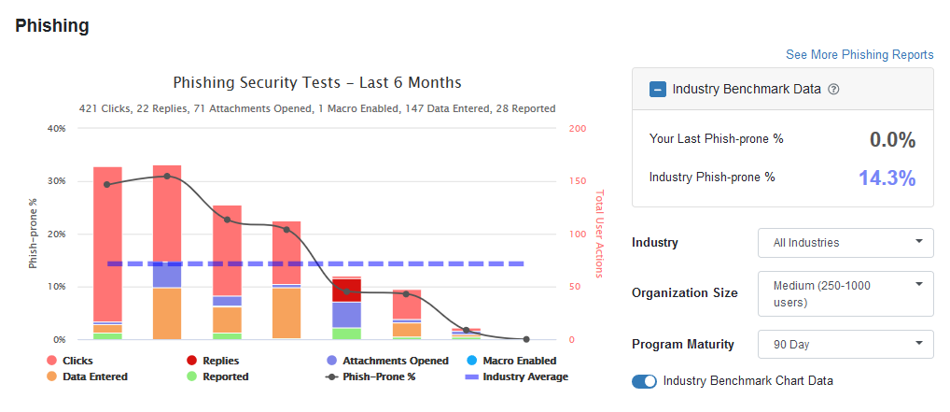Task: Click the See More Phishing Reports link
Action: point(859,54)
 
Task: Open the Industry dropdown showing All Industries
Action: point(845,243)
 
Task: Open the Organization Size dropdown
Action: point(845,292)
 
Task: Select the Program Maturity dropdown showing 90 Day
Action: point(845,344)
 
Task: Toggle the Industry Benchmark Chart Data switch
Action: point(645,381)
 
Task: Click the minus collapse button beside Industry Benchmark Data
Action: point(658,90)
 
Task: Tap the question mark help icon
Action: point(834,90)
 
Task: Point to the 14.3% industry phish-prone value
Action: point(887,178)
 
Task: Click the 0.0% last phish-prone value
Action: point(892,140)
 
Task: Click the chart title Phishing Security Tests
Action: point(317,83)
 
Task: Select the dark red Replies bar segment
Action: point(346,290)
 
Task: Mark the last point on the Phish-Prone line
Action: point(526,339)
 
